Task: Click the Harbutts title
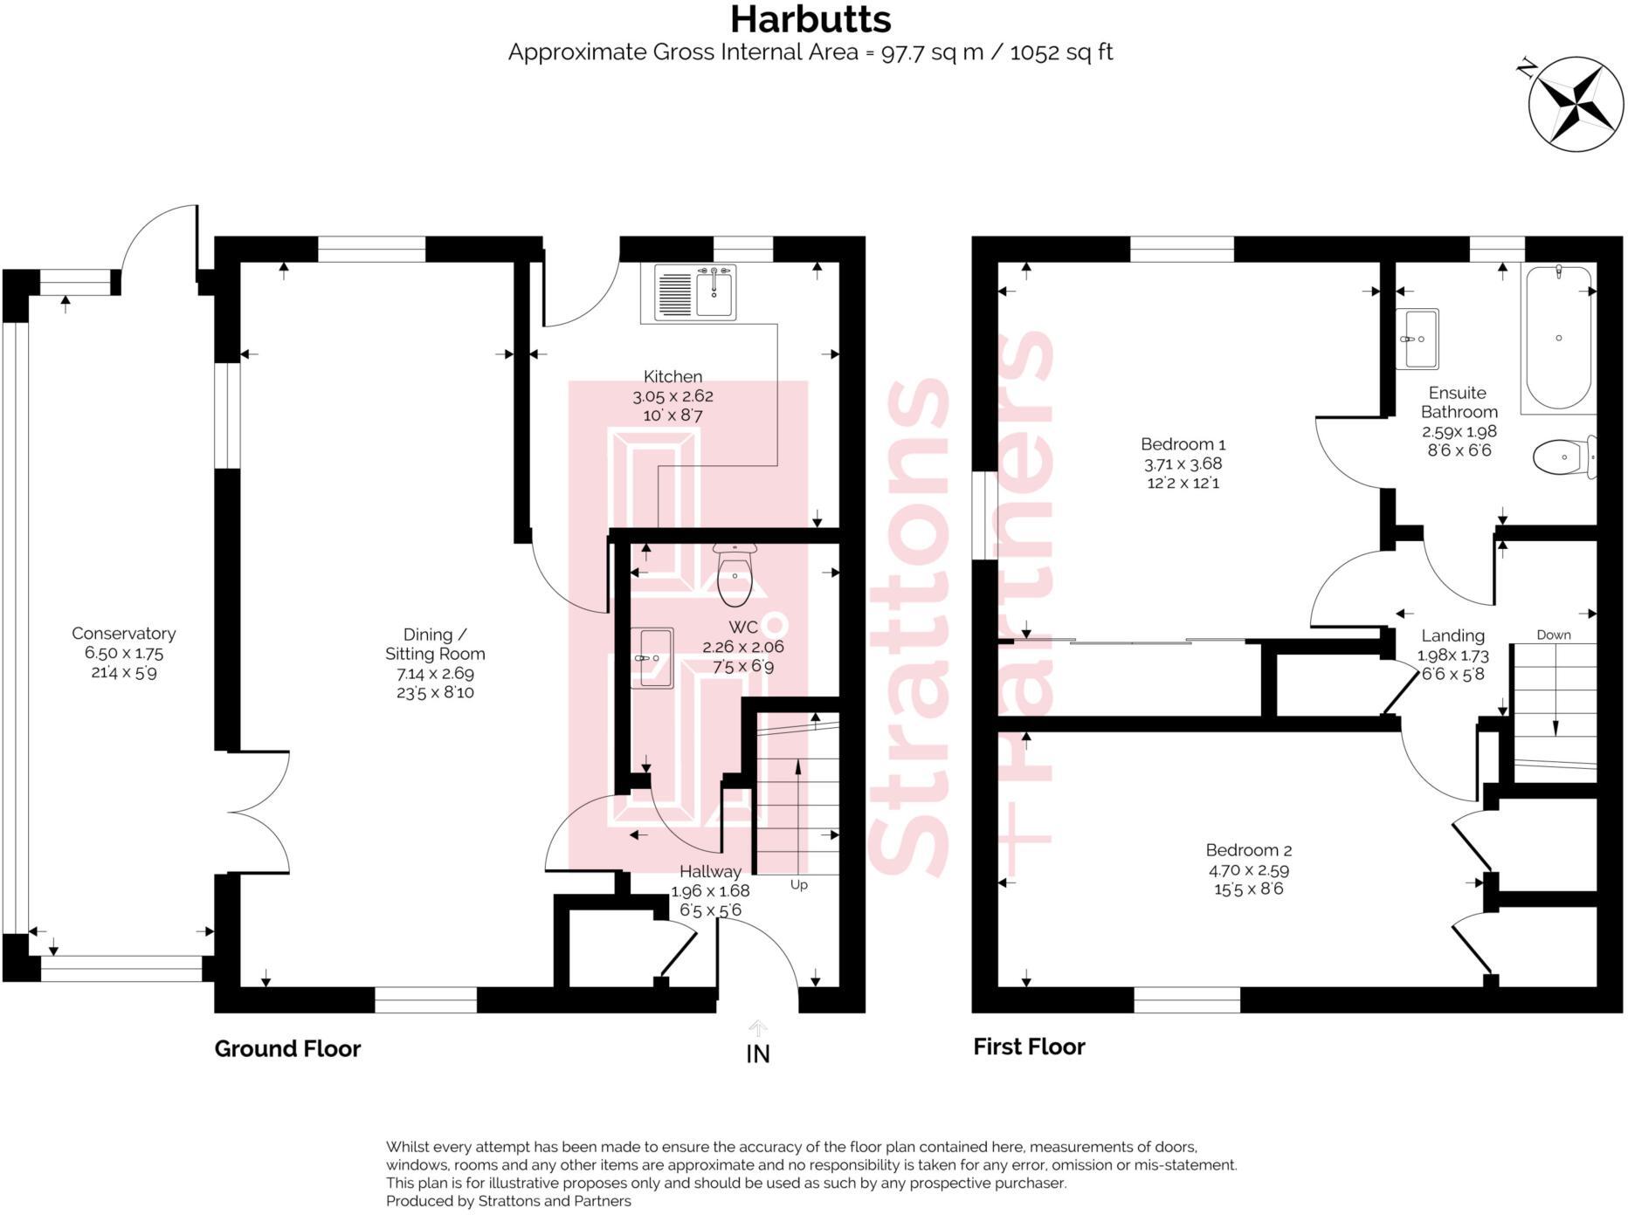[811, 19]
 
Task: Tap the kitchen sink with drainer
[695, 292]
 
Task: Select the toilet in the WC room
[734, 577]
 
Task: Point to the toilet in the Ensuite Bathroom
[1562, 456]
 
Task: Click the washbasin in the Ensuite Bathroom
[1417, 339]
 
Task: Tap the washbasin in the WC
[652, 658]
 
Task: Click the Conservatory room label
[123, 634]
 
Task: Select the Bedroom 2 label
[1248, 850]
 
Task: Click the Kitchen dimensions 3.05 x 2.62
[673, 396]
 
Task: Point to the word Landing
[1452, 635]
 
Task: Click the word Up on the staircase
[798, 885]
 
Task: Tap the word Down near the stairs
[1553, 635]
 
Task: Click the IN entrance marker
[757, 1054]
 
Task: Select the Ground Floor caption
[287, 1048]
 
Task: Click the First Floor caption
[1029, 1047]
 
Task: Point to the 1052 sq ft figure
[1061, 52]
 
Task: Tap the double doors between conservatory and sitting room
[260, 813]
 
